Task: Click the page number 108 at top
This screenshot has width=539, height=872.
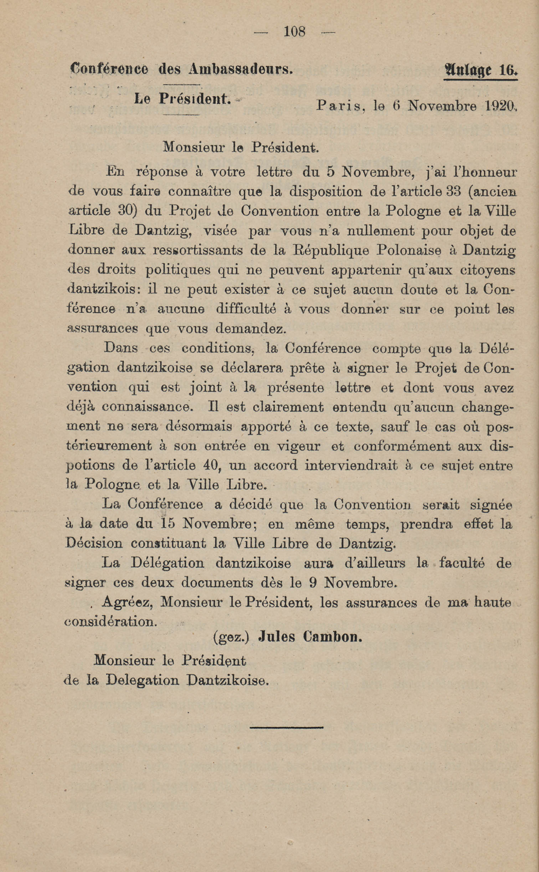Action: point(294,32)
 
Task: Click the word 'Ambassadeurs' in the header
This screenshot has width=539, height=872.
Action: point(240,68)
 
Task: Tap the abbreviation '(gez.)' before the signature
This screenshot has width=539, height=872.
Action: point(230,637)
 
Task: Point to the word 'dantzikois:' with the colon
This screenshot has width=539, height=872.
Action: point(103,289)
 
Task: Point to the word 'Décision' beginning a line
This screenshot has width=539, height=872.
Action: point(94,543)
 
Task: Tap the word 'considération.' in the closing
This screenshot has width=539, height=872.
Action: point(111,622)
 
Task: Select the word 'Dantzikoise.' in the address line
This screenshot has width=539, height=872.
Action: point(227,680)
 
